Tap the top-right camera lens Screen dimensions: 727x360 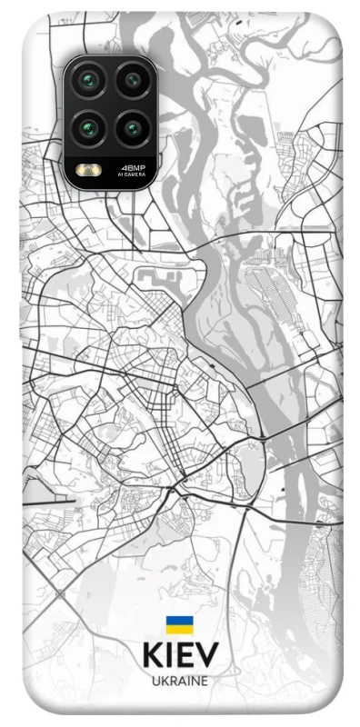tap(133, 81)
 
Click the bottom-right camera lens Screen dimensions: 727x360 tap(133, 126)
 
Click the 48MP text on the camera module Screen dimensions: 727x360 tap(133, 166)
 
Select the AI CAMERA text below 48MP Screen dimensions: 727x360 tap(133, 174)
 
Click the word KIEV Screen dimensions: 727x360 tap(180, 656)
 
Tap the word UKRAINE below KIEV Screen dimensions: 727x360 tap(180, 680)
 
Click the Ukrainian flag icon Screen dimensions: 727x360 tap(179, 624)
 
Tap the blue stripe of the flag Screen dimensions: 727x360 tap(179, 621)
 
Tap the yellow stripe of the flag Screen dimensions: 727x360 tap(179, 629)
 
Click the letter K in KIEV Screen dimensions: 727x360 tap(152, 656)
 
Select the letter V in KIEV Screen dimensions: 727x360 tap(208, 656)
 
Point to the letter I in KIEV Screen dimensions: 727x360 tap(169, 656)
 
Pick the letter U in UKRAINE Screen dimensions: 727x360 tap(155, 680)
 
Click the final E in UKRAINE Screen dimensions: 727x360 tap(205, 680)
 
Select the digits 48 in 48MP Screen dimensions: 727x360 tap(126, 166)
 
